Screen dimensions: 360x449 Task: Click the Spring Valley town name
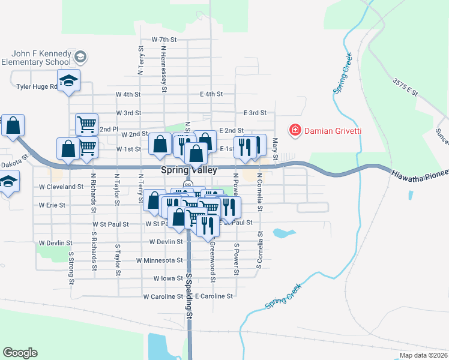point(188,170)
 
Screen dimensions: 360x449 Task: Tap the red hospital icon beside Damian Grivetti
point(295,130)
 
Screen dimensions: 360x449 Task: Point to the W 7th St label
point(164,40)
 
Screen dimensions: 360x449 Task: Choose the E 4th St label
point(211,94)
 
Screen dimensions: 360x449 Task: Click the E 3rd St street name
point(255,113)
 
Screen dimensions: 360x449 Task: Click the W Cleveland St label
point(61,187)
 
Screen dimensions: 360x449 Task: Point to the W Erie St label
point(52,205)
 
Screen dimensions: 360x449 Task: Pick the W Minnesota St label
point(159,260)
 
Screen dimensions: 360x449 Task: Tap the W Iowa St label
point(167,278)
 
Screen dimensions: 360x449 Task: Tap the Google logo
point(20,353)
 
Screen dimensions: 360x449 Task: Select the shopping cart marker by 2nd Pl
point(86,124)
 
